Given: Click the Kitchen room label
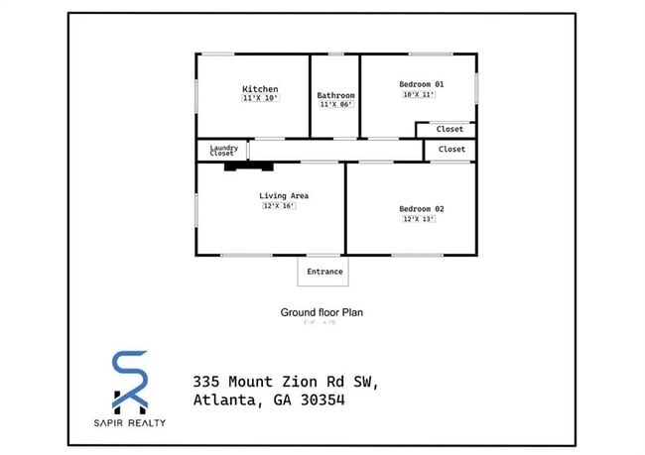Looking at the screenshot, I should (x=260, y=89).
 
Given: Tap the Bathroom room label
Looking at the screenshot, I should (x=335, y=95).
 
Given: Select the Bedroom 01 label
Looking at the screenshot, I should (x=421, y=84).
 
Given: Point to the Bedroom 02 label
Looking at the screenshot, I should (x=421, y=209).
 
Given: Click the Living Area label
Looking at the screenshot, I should (x=284, y=196).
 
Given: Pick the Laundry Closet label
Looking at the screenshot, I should (x=222, y=151).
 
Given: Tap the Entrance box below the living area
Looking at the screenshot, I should (x=324, y=272).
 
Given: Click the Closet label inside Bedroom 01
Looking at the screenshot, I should (x=450, y=130).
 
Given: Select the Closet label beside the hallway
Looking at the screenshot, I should (x=451, y=150).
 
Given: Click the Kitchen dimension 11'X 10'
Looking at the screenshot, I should (x=260, y=98).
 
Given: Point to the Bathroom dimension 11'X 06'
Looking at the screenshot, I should (x=335, y=104).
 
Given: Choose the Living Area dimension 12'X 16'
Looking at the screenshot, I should (x=279, y=206).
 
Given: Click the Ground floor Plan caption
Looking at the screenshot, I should (x=322, y=312).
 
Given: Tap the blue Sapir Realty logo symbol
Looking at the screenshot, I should (x=129, y=382).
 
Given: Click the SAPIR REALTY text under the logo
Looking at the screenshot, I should (x=129, y=423).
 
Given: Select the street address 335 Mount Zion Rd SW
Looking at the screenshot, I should (x=285, y=382).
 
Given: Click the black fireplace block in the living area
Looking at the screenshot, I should (x=242, y=166).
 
